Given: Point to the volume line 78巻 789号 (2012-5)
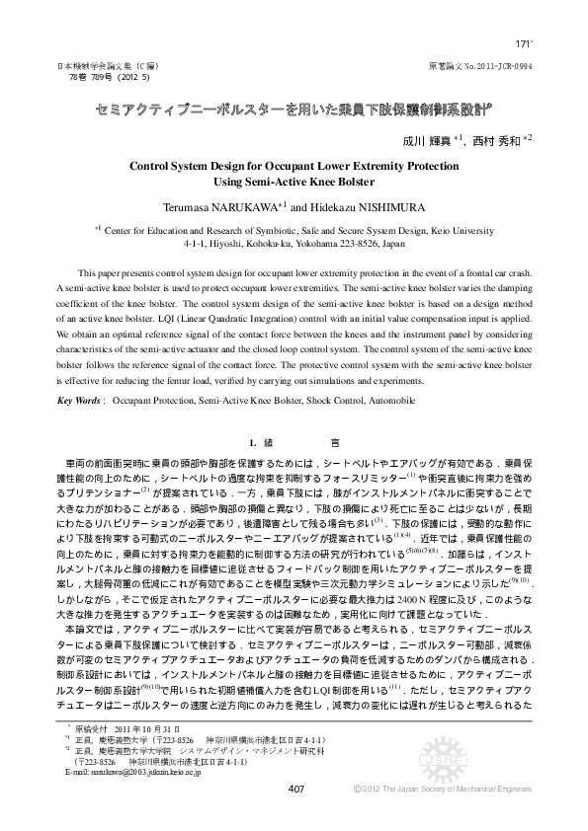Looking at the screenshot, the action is (x=109, y=75).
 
